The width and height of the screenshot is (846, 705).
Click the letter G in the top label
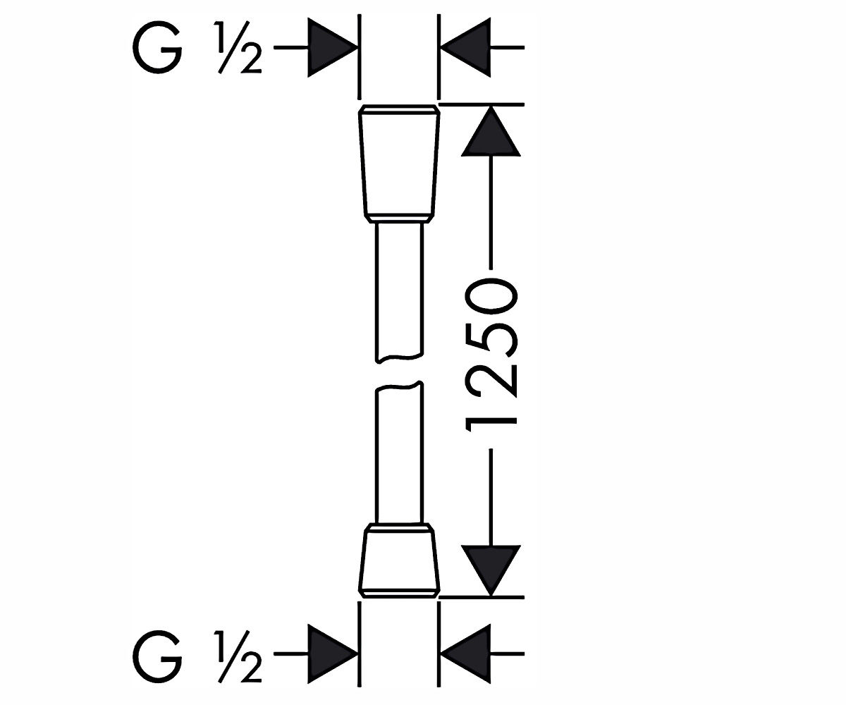[x=157, y=48]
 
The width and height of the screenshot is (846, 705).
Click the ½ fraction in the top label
[x=240, y=48]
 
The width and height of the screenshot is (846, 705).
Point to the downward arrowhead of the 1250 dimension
[x=491, y=571]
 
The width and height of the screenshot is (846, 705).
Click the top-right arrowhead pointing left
[x=466, y=47]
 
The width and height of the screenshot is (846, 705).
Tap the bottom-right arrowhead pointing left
[x=466, y=654]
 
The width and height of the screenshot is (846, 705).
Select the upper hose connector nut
[x=399, y=164]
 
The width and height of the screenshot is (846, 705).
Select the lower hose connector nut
[x=399, y=560]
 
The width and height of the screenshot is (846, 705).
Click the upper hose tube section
[x=399, y=291]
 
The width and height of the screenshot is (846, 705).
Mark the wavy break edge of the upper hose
[x=399, y=357]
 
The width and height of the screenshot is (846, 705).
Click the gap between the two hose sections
[x=399, y=372]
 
